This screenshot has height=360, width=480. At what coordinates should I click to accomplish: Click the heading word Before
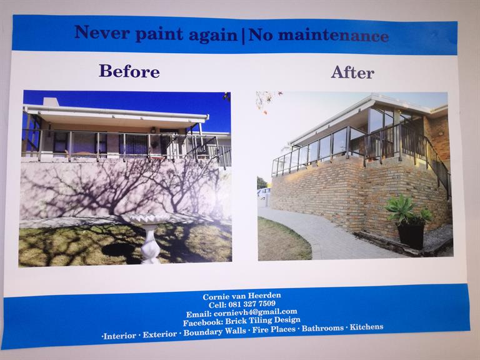pyautogui.click(x=129, y=71)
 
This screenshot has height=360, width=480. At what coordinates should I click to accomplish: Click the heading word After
pyautogui.click(x=352, y=72)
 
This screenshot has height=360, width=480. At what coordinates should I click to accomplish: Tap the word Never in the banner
pyautogui.click(x=102, y=32)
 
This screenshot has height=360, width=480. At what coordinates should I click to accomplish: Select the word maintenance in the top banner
pyautogui.click(x=333, y=36)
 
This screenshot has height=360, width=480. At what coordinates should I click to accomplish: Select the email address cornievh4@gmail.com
pyautogui.click(x=255, y=312)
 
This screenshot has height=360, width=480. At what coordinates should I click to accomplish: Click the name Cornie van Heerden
pyautogui.click(x=242, y=296)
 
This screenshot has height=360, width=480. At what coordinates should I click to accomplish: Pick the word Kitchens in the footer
pyautogui.click(x=366, y=327)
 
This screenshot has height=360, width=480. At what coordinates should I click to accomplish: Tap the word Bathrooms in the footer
pyautogui.click(x=322, y=328)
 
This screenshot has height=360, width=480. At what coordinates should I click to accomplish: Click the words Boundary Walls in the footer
pyautogui.click(x=214, y=331)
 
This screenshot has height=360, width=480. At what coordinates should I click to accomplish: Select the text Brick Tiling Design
pyautogui.click(x=262, y=321)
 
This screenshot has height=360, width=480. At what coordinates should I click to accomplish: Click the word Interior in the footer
pyautogui.click(x=120, y=336)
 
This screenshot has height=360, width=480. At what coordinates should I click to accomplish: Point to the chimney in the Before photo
pyautogui.click(x=51, y=102)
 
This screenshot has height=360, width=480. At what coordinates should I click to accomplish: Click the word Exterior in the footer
pyautogui.click(x=160, y=334)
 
